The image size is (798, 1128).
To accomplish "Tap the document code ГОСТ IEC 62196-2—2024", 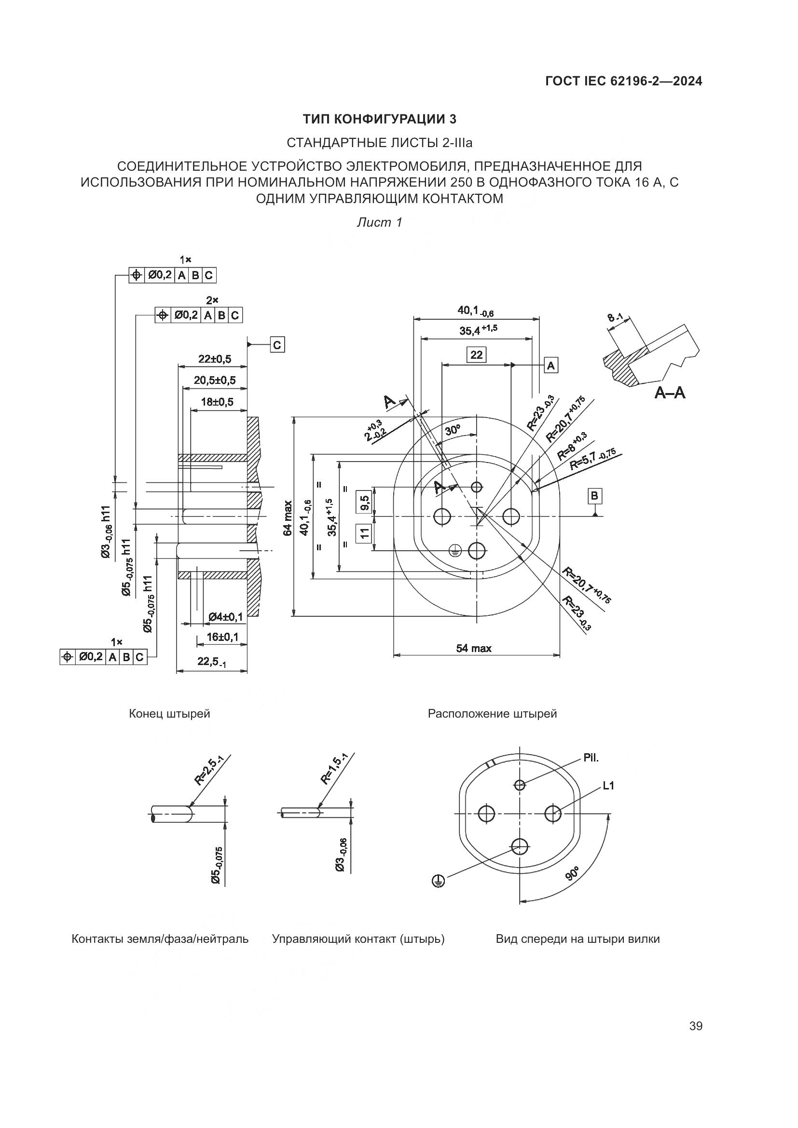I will (x=623, y=81).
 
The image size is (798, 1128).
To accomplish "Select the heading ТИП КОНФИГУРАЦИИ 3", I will (x=379, y=119).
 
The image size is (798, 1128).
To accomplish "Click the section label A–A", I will (x=670, y=393).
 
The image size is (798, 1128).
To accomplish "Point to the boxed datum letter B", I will (x=594, y=496).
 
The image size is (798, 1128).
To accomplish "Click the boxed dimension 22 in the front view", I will (x=476, y=355).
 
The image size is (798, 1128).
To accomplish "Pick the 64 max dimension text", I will (x=289, y=518).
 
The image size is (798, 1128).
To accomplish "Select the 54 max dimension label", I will (x=474, y=649).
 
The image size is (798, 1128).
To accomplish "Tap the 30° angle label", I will (x=453, y=431).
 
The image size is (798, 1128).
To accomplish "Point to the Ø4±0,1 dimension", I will (x=225, y=616).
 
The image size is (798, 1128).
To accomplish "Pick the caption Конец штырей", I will (x=169, y=714).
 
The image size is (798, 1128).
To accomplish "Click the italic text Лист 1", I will (x=379, y=222).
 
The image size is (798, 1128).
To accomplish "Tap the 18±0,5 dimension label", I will (x=217, y=402).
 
